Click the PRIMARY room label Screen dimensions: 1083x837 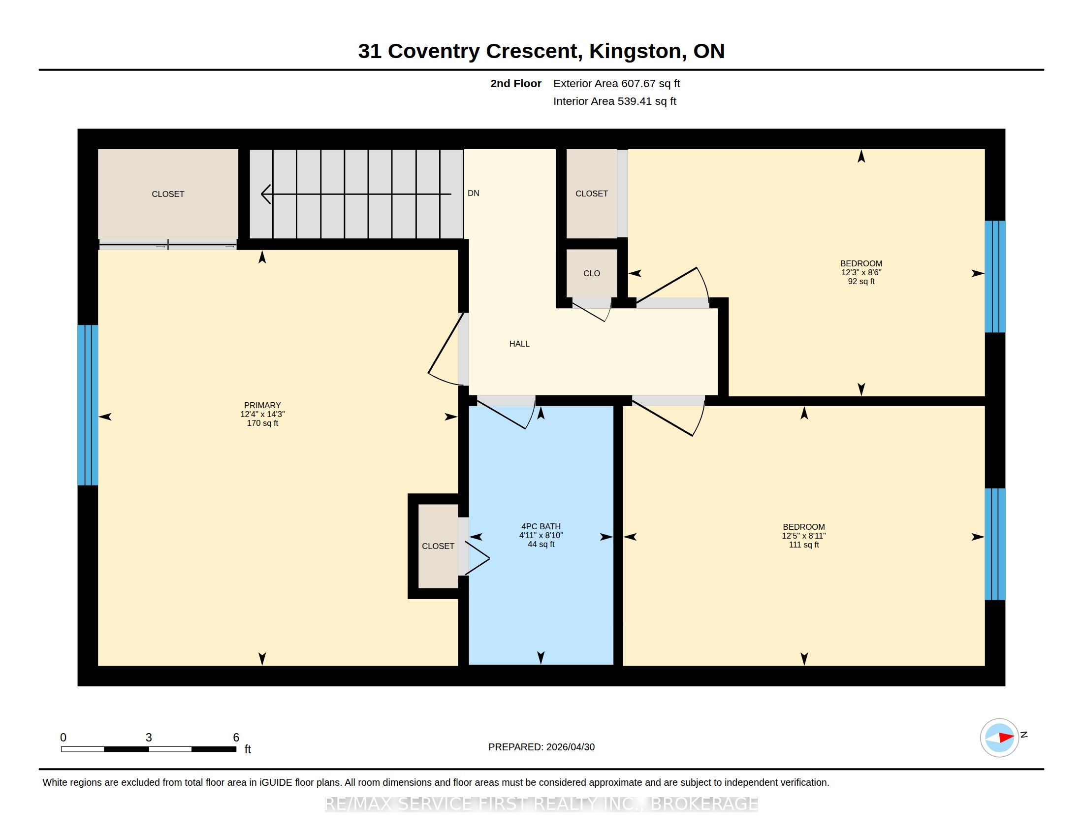(x=262, y=405)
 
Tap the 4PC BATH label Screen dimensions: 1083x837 (x=541, y=527)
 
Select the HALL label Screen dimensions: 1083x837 (x=519, y=344)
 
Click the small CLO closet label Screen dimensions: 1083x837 (x=592, y=273)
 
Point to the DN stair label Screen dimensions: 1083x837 (x=473, y=193)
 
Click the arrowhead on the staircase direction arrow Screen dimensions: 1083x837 (x=266, y=194)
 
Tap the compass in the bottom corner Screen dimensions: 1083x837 (x=999, y=738)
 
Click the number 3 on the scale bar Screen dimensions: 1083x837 (x=149, y=738)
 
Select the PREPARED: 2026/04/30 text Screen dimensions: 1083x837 (x=541, y=747)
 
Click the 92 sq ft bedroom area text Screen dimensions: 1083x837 (x=861, y=281)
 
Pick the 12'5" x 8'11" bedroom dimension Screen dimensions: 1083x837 (x=804, y=536)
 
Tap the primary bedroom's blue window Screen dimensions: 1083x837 (x=88, y=405)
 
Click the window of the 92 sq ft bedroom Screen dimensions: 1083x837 (x=995, y=277)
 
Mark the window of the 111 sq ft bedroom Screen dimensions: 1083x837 (x=995, y=544)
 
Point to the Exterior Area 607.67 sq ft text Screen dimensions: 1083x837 (x=616, y=83)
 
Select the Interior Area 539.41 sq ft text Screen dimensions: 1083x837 (x=614, y=101)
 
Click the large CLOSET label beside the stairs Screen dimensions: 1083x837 (x=167, y=194)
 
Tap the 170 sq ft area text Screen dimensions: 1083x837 (x=262, y=423)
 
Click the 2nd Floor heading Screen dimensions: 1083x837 (x=516, y=83)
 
